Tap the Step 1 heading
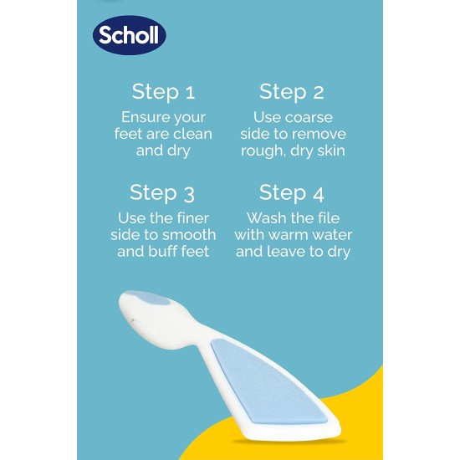(162, 92)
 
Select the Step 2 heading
(291, 92)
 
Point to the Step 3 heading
(162, 193)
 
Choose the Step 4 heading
(291, 193)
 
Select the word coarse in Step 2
(307, 118)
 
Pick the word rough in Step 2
(261, 151)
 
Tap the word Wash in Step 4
(267, 218)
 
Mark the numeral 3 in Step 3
(187, 194)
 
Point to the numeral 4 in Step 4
(316, 194)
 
